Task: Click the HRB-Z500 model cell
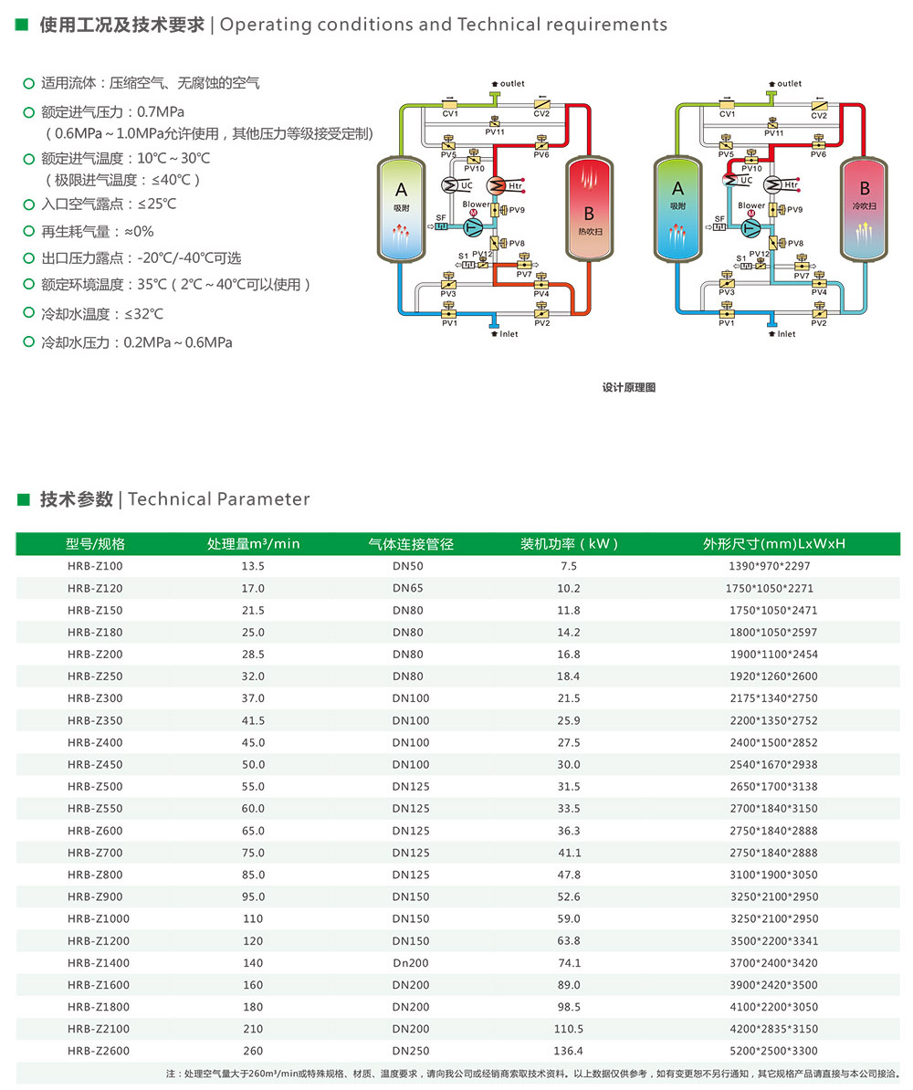click(95, 786)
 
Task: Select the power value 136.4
click(568, 1051)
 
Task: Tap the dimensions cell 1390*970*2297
click(769, 566)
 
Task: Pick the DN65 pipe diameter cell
click(407, 588)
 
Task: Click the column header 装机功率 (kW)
click(569, 543)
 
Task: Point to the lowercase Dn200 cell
click(410, 963)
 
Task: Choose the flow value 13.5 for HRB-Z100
click(252, 566)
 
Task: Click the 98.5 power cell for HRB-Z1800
click(568, 1007)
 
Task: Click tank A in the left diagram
click(401, 209)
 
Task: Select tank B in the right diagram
click(865, 209)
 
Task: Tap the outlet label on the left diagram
click(512, 83)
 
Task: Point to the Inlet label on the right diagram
click(786, 334)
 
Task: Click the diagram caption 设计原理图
click(628, 387)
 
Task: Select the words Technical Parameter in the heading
click(219, 499)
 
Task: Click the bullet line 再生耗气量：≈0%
click(97, 232)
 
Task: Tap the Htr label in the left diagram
click(515, 185)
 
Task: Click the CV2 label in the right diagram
click(818, 115)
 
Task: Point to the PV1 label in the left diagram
click(449, 322)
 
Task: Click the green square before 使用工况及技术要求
click(22, 25)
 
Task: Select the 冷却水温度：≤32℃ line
click(101, 313)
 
